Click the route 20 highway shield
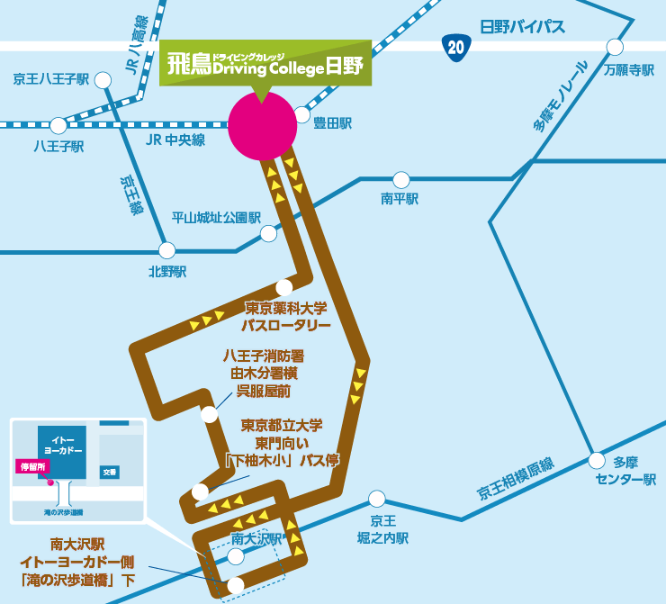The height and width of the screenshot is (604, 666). [x=456, y=48]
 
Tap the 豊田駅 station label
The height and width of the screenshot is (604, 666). [x=333, y=123]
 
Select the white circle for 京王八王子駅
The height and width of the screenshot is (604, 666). [x=103, y=80]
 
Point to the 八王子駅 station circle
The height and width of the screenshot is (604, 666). [x=58, y=126]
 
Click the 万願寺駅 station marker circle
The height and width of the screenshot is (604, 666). [x=615, y=47]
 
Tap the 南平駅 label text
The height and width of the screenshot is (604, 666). [x=400, y=199]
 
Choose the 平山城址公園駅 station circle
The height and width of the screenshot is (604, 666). [x=268, y=234]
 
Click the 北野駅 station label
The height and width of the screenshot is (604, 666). [x=167, y=272]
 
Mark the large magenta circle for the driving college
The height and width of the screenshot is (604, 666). [x=263, y=126]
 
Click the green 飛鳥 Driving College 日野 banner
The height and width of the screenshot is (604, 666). [x=265, y=63]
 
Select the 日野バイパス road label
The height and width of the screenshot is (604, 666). [x=522, y=27]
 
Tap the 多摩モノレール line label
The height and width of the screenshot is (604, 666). [x=561, y=96]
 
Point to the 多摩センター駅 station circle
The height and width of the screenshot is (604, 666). [x=597, y=461]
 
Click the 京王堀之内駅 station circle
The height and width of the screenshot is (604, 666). [x=377, y=499]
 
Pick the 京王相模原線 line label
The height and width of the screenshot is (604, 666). [x=515, y=479]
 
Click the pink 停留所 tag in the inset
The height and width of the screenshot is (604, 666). [x=32, y=467]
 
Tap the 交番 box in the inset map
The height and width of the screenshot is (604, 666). [x=110, y=472]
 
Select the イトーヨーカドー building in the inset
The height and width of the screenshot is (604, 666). [x=62, y=453]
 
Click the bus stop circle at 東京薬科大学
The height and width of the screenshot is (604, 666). [x=284, y=287]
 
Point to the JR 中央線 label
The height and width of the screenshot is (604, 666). [x=175, y=140]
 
